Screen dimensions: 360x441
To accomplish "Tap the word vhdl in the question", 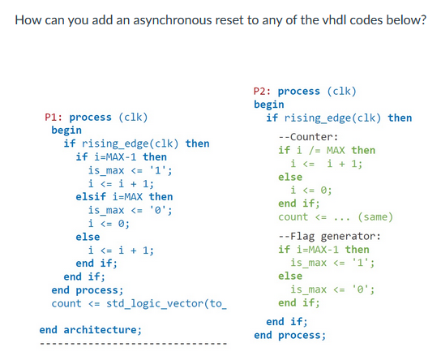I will [333, 19].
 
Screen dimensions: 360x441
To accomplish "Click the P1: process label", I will [77, 117].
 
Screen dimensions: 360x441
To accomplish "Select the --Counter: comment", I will [308, 136].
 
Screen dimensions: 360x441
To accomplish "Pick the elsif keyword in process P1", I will [92, 196].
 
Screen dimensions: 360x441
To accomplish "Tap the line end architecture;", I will [91, 329].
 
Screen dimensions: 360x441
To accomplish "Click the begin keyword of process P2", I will [269, 104].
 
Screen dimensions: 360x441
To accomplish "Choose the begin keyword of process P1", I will [66, 130].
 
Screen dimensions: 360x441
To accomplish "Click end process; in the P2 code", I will [289, 334].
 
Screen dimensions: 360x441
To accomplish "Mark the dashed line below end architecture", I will [134, 344].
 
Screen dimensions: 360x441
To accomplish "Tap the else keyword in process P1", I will [88, 237].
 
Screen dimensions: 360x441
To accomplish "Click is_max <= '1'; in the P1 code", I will [130, 170].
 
